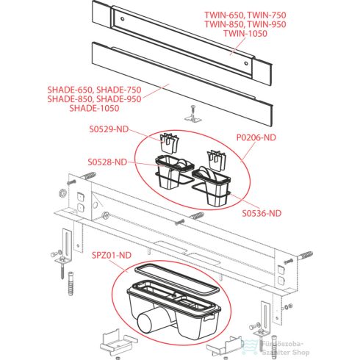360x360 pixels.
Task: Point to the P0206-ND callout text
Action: point(257,137)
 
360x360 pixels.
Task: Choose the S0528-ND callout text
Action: point(107,162)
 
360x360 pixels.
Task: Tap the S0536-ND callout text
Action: point(262,214)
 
